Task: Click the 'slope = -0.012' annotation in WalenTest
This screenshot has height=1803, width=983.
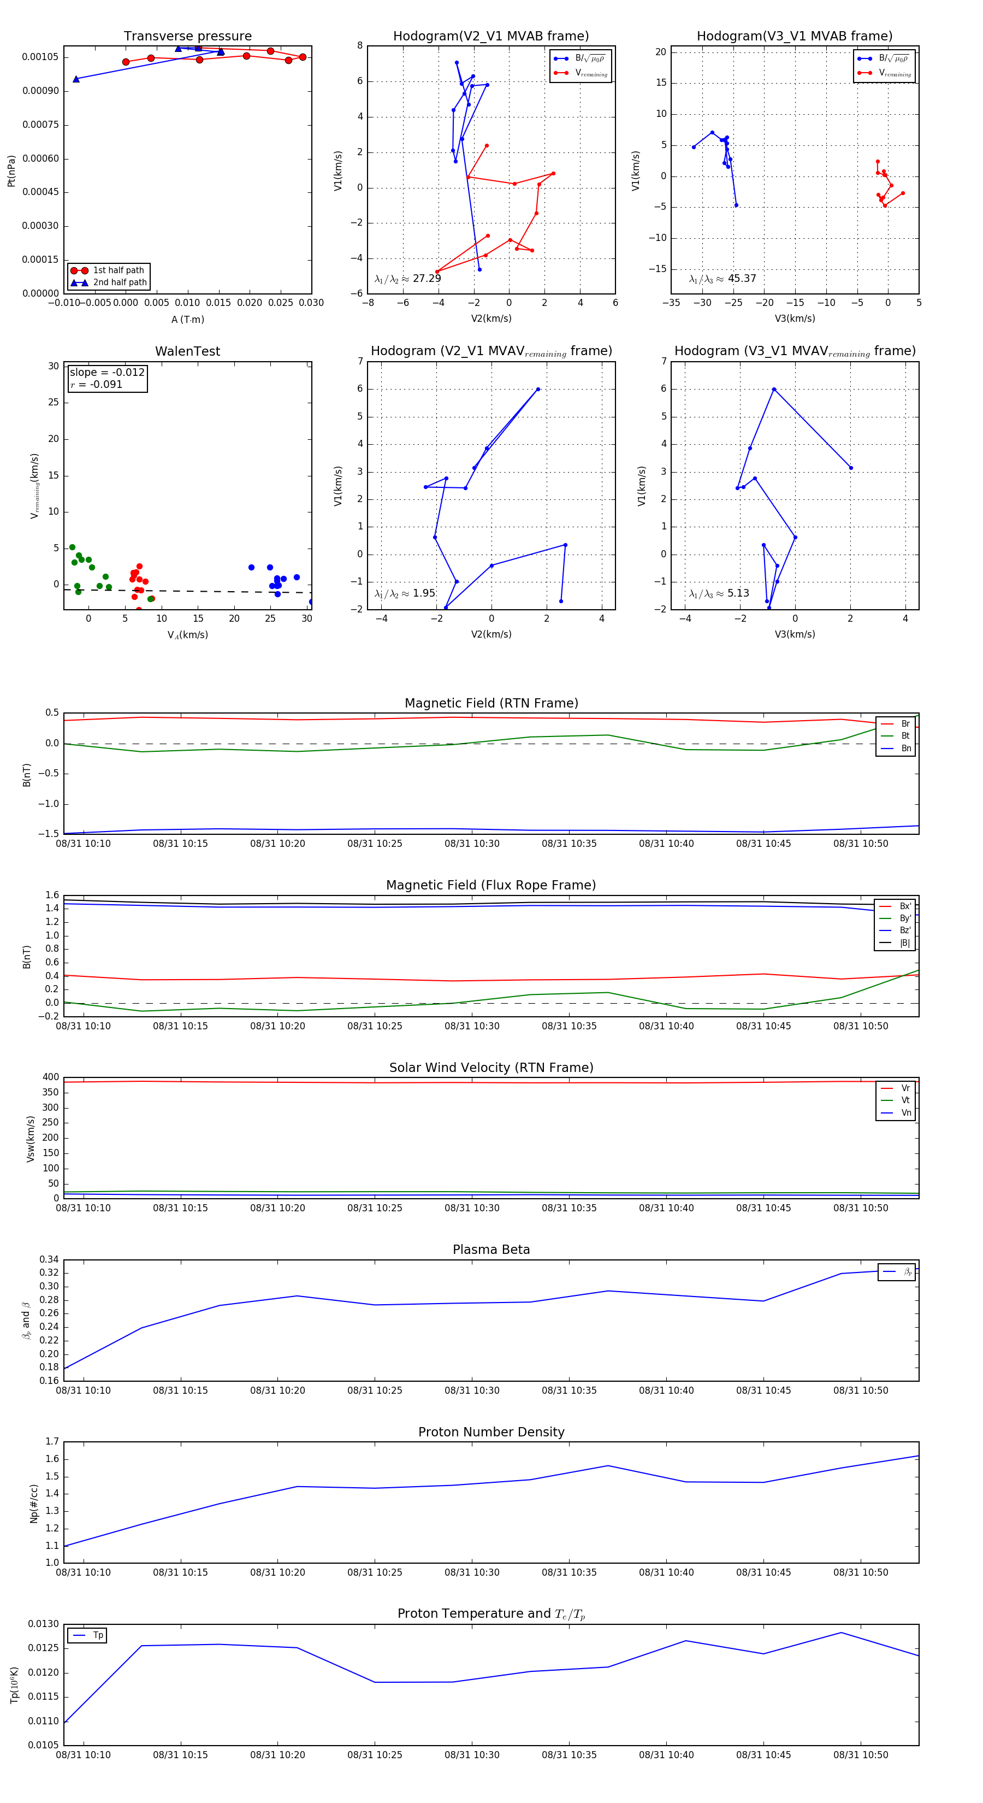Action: tap(107, 373)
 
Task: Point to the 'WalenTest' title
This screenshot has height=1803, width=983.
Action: tap(187, 351)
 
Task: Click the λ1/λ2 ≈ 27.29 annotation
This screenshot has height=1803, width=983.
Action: tap(408, 279)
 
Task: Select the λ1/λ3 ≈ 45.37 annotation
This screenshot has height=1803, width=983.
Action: tap(722, 279)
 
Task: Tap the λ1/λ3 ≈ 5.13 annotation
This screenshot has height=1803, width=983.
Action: tap(719, 593)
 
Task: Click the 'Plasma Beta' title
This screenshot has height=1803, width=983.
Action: tap(491, 1250)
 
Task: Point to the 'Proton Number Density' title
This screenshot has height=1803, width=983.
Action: tap(491, 1432)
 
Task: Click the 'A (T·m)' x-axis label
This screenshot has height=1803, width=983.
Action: tap(187, 319)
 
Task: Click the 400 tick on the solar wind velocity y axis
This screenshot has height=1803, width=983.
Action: tap(50, 1077)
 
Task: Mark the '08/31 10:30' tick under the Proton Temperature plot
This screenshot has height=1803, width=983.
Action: tap(472, 1755)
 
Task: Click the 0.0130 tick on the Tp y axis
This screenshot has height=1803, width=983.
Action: tap(43, 1624)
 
